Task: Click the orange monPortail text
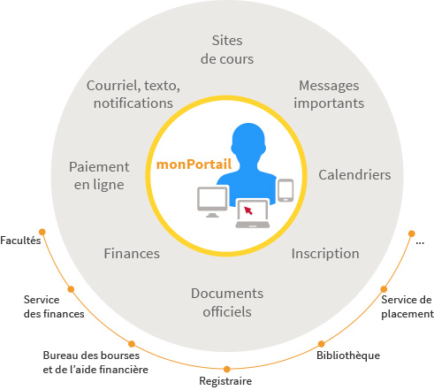[194, 164]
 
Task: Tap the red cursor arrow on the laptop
[248, 210]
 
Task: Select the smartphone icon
[286, 190]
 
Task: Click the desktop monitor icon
[212, 202]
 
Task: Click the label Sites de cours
[227, 50]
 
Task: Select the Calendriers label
[354, 175]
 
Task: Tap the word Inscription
[325, 254]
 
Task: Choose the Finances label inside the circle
[132, 254]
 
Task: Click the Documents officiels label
[227, 302]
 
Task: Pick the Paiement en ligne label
[99, 176]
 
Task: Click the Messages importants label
[329, 95]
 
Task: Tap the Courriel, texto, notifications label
[133, 95]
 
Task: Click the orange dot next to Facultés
[42, 232]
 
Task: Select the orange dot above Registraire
[226, 369]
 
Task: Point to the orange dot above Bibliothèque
[321, 344]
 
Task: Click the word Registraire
[225, 381]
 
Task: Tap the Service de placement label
[407, 307]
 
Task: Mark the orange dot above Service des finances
[71, 289]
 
